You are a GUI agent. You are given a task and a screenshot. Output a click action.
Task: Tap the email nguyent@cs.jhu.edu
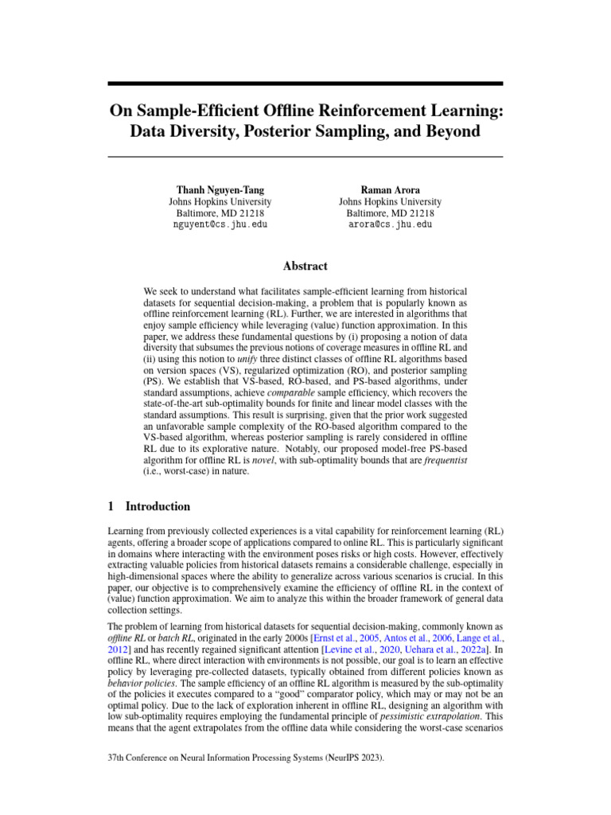click(x=220, y=225)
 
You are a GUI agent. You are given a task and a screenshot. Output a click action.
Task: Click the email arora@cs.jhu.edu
click(x=390, y=225)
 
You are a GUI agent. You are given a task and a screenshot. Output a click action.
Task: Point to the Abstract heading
click(x=305, y=267)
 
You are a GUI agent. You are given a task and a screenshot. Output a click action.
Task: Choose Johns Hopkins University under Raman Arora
click(x=390, y=202)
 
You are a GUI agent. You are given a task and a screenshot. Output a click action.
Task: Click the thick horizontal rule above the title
click(x=305, y=83)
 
